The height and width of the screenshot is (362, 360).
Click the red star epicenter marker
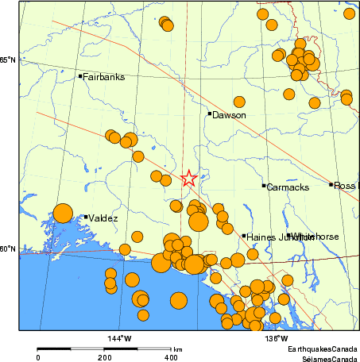188,179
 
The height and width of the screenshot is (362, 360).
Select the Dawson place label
229,115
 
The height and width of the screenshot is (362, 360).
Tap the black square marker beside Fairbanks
81,76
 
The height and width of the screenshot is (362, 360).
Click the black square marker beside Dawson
210,114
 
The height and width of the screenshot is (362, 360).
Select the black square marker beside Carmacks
264,186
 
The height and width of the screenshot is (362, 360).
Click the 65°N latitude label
8,60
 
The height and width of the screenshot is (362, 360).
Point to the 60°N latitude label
8,249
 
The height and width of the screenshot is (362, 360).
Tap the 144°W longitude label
120,338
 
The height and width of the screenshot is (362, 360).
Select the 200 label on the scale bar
104,358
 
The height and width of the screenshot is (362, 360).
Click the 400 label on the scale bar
170,358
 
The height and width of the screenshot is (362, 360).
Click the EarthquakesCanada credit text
323,349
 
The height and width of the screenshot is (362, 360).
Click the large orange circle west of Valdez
63,213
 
